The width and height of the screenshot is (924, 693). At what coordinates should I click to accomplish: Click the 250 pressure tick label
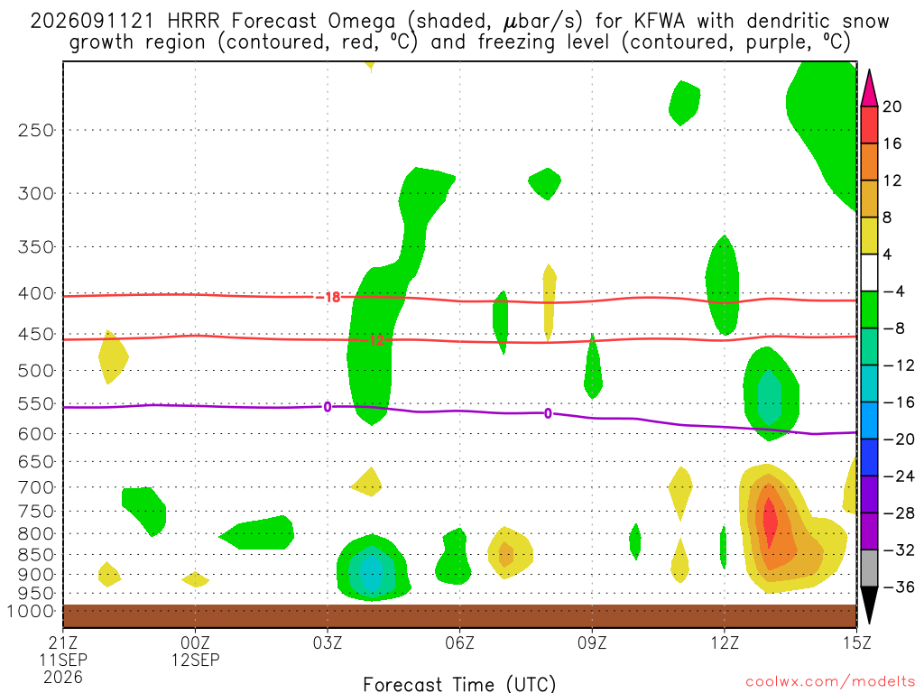35,130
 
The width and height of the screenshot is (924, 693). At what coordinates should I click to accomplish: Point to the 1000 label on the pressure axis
30,612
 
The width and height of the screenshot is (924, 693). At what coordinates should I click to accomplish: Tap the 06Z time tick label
459,642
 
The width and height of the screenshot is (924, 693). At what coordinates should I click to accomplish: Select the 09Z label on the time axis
592,642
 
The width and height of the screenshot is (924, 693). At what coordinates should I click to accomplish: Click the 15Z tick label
856,642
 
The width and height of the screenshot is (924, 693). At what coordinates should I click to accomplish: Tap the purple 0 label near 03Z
327,407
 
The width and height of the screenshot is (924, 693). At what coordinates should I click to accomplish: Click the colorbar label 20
892,106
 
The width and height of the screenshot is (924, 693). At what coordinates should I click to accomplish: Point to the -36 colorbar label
898,587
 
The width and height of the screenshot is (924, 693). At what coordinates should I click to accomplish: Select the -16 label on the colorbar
898,402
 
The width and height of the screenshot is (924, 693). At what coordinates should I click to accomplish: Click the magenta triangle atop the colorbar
869,88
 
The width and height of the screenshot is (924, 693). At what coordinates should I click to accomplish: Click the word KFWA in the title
660,22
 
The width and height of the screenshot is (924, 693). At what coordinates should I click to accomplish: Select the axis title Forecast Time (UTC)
459,684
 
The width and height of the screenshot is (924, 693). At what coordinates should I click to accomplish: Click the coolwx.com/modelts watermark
830,682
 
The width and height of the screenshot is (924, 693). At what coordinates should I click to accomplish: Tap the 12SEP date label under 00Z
196,660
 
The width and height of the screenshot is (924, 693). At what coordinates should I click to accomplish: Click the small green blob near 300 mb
545,183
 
